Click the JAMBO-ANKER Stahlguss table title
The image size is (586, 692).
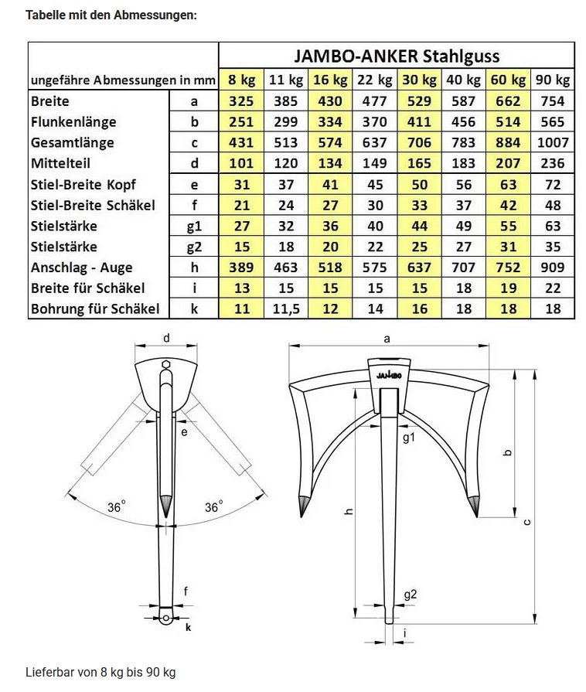click(x=397, y=56)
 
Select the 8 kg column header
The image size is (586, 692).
click(x=241, y=80)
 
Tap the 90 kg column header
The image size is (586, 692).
click(x=553, y=80)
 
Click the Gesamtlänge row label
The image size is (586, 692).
click(x=72, y=143)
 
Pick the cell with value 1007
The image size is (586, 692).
click(x=553, y=143)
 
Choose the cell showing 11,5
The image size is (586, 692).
click(x=285, y=309)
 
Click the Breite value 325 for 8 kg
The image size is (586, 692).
click(x=241, y=101)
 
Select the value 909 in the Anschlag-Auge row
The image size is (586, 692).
click(x=553, y=268)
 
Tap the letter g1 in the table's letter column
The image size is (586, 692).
click(x=194, y=227)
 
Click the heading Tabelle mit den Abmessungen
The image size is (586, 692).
click(x=111, y=15)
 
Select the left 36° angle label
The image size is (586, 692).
click(x=117, y=507)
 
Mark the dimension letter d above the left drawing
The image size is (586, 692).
click(x=165, y=338)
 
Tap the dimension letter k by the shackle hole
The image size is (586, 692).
click(x=188, y=628)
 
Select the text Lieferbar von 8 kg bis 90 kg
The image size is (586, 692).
click(x=101, y=672)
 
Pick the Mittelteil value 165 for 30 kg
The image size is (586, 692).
click(x=420, y=164)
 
